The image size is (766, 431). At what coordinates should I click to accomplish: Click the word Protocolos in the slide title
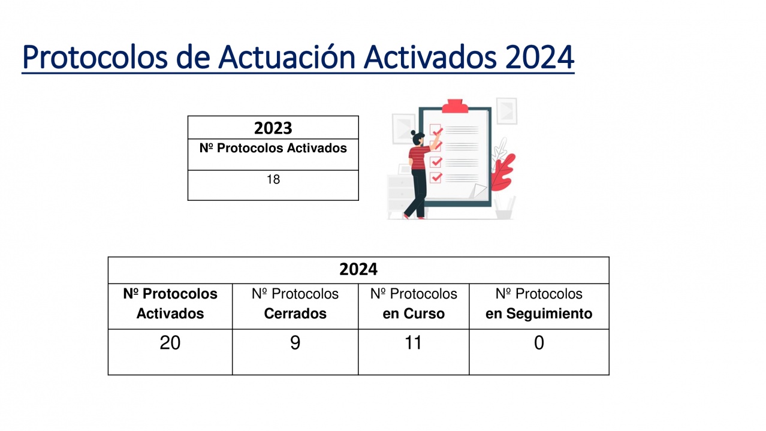tap(95, 58)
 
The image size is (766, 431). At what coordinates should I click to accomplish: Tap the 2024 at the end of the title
tap(539, 58)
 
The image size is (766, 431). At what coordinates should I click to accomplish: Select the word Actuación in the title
tap(287, 57)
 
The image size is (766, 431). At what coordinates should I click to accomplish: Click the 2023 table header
tap(273, 128)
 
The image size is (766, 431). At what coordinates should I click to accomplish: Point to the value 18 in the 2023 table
tap(273, 179)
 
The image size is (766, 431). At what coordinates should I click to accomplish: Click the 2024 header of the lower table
tap(358, 269)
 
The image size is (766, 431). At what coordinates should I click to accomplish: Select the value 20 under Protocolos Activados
tap(170, 342)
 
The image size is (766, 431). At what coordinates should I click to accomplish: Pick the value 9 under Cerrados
tap(295, 342)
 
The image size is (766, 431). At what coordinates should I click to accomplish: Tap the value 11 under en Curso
tap(413, 342)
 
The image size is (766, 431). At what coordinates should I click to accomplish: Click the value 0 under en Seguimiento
tap(539, 342)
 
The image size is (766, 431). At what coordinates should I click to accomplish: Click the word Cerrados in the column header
tap(295, 314)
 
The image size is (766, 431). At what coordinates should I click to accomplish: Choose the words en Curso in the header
tap(414, 314)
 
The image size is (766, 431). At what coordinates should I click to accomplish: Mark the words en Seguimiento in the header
tap(539, 314)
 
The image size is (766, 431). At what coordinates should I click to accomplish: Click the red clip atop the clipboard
tap(455, 106)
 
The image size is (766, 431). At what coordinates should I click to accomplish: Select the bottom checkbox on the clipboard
tap(436, 177)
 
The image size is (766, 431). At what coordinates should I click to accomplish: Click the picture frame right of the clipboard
tap(506, 111)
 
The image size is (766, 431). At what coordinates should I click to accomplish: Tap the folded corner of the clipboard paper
tap(478, 191)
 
